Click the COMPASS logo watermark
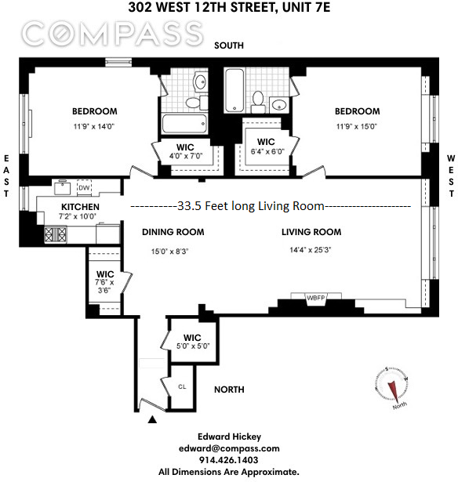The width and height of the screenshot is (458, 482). tap(111, 34)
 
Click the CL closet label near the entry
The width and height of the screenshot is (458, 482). tap(182, 386)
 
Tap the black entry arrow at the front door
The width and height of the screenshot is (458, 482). tap(152, 421)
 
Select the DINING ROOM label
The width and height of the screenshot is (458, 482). tap(173, 232)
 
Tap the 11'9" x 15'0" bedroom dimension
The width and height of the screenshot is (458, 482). tap(358, 127)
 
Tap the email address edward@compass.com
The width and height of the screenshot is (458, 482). tap(229, 448)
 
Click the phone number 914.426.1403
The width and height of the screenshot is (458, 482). tap(229, 460)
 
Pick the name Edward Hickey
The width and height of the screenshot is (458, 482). tap(229, 437)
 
